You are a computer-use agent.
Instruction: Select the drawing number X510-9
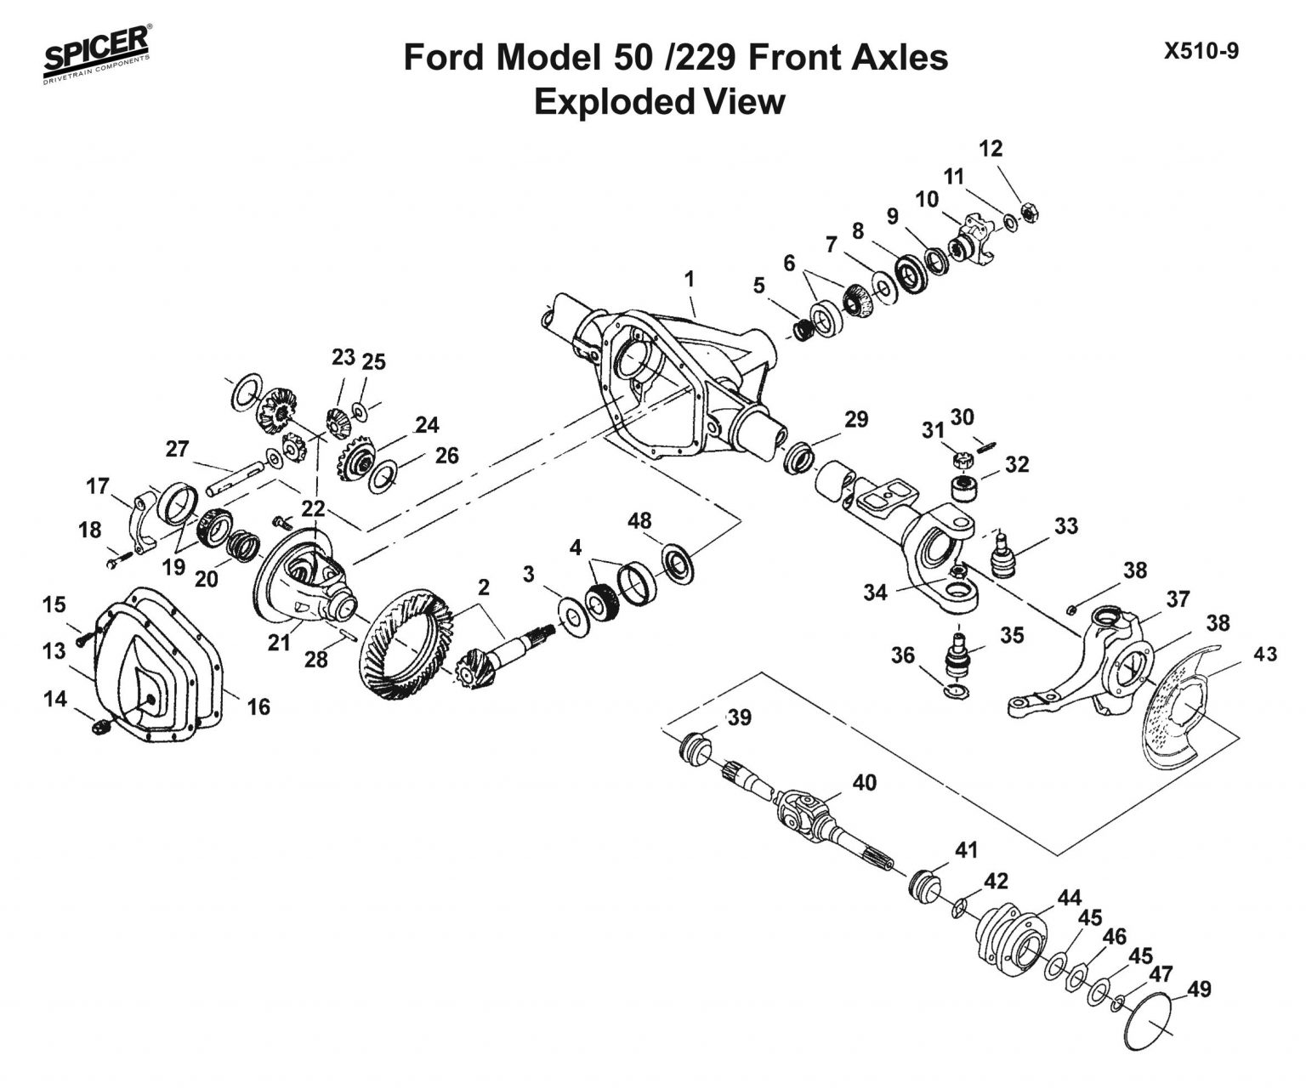1201,52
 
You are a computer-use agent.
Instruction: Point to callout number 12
991,149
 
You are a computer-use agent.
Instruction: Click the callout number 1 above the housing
689,279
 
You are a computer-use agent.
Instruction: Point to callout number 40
864,782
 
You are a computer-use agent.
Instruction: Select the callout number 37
1178,600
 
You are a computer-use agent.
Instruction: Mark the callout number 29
856,419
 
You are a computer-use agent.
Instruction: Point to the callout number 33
1065,526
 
